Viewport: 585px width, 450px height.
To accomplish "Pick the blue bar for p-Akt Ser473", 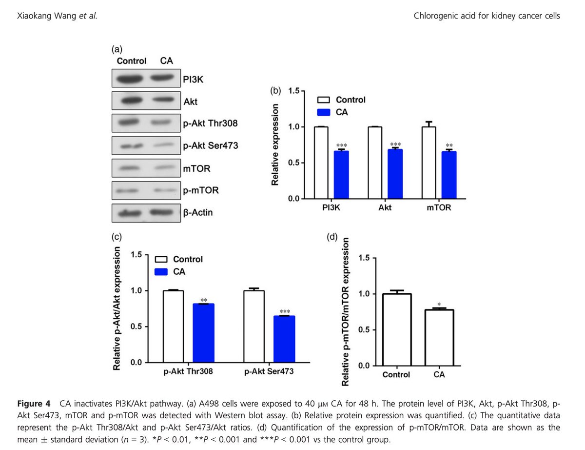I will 284,339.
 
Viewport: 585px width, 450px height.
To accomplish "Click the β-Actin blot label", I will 197,213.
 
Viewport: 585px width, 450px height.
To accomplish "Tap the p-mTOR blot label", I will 200,190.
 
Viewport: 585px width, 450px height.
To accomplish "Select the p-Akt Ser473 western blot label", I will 210,145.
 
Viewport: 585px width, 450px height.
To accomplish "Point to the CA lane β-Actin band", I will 161,213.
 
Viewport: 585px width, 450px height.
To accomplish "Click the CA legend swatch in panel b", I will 324,112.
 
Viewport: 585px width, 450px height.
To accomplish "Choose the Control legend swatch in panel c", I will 161,259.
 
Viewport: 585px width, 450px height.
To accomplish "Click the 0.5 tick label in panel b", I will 294,163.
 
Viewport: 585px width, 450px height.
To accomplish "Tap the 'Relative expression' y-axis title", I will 275,145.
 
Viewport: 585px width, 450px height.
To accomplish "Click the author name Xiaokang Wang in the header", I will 42,16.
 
